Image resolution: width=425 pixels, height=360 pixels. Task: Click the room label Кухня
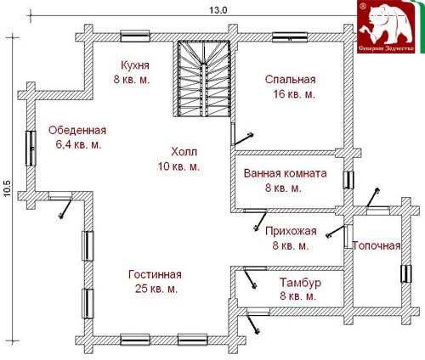click(x=135, y=65)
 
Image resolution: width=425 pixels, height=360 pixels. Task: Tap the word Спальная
click(x=290, y=79)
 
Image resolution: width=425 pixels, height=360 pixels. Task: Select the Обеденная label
click(x=77, y=131)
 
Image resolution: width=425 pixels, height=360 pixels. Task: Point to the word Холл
click(x=184, y=152)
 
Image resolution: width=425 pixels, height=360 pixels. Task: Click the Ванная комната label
click(x=285, y=173)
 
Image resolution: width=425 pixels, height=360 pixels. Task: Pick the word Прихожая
click(x=291, y=231)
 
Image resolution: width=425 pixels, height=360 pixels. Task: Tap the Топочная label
click(x=377, y=245)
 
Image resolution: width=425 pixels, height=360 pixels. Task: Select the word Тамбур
click(x=300, y=283)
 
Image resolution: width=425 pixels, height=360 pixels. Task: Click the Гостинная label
click(x=155, y=274)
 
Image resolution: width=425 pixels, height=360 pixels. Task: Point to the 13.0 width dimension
click(x=218, y=10)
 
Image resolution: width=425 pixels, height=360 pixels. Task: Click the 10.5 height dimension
click(x=7, y=188)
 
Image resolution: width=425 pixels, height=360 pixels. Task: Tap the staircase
click(x=204, y=78)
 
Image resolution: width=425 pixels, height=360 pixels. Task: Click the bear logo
click(x=387, y=27)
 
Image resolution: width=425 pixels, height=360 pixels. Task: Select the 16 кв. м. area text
click(x=294, y=94)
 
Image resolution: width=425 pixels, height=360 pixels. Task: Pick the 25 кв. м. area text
click(x=156, y=289)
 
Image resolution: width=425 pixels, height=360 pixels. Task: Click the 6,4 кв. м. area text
click(x=78, y=145)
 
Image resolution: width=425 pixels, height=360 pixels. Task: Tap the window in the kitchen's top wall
click(x=135, y=37)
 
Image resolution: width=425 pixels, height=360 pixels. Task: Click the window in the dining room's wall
click(x=31, y=148)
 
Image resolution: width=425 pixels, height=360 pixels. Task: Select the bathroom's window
click(x=348, y=180)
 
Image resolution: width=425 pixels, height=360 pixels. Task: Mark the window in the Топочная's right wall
click(x=406, y=273)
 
